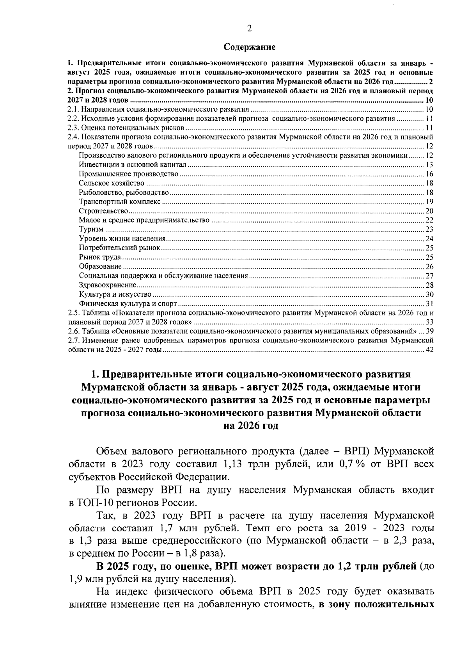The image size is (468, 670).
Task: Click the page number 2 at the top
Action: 250,28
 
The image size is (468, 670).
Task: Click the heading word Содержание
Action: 250,48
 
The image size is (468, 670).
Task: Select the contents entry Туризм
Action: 91,229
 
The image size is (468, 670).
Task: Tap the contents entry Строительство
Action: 103,211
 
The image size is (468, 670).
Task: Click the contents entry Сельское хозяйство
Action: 112,183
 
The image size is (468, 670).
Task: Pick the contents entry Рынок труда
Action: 100,257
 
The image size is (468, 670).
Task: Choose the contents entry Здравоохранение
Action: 107,285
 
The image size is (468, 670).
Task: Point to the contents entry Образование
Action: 100,267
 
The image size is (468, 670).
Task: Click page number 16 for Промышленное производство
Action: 429,174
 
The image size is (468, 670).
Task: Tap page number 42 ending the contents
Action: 429,350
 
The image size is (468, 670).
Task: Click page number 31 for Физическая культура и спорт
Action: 429,304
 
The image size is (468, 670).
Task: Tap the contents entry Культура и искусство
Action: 115,294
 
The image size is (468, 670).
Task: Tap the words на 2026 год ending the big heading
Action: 250,426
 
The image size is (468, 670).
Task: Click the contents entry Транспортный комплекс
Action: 119,202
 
